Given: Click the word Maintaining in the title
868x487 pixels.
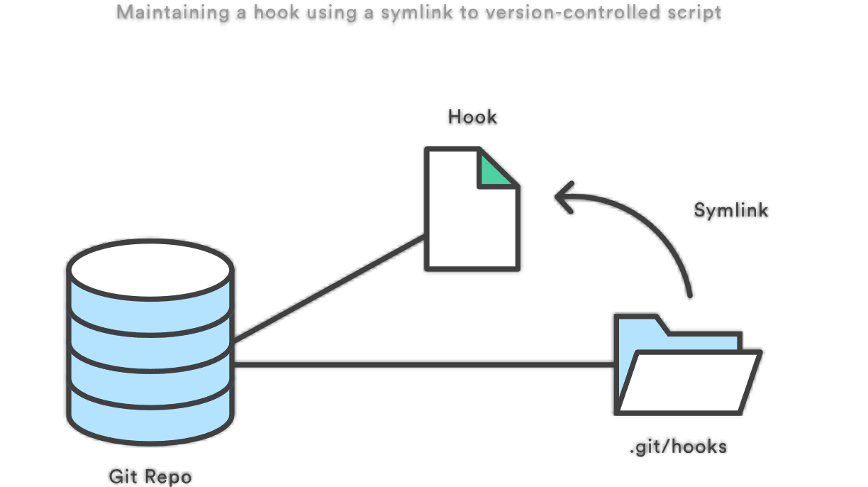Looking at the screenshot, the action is [173, 12].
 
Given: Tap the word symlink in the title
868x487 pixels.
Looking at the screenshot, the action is [416, 12].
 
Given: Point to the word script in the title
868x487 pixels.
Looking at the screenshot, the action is [694, 12].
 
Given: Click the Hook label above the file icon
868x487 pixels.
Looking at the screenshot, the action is [472, 117].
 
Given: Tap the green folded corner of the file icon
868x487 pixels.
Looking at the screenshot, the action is [494, 172].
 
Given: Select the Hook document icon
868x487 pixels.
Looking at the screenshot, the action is [472, 209].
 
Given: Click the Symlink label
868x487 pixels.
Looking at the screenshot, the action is [730, 210].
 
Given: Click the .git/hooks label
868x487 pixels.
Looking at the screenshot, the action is [678, 447].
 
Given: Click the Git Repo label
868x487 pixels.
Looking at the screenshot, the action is [150, 476].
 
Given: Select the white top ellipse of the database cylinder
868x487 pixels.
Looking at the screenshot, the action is [150, 270].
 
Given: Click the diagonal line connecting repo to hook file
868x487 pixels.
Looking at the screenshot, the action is [329, 288].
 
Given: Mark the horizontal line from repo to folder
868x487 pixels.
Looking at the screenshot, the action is [424, 364].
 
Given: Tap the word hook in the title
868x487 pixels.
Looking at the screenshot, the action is [277, 12].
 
